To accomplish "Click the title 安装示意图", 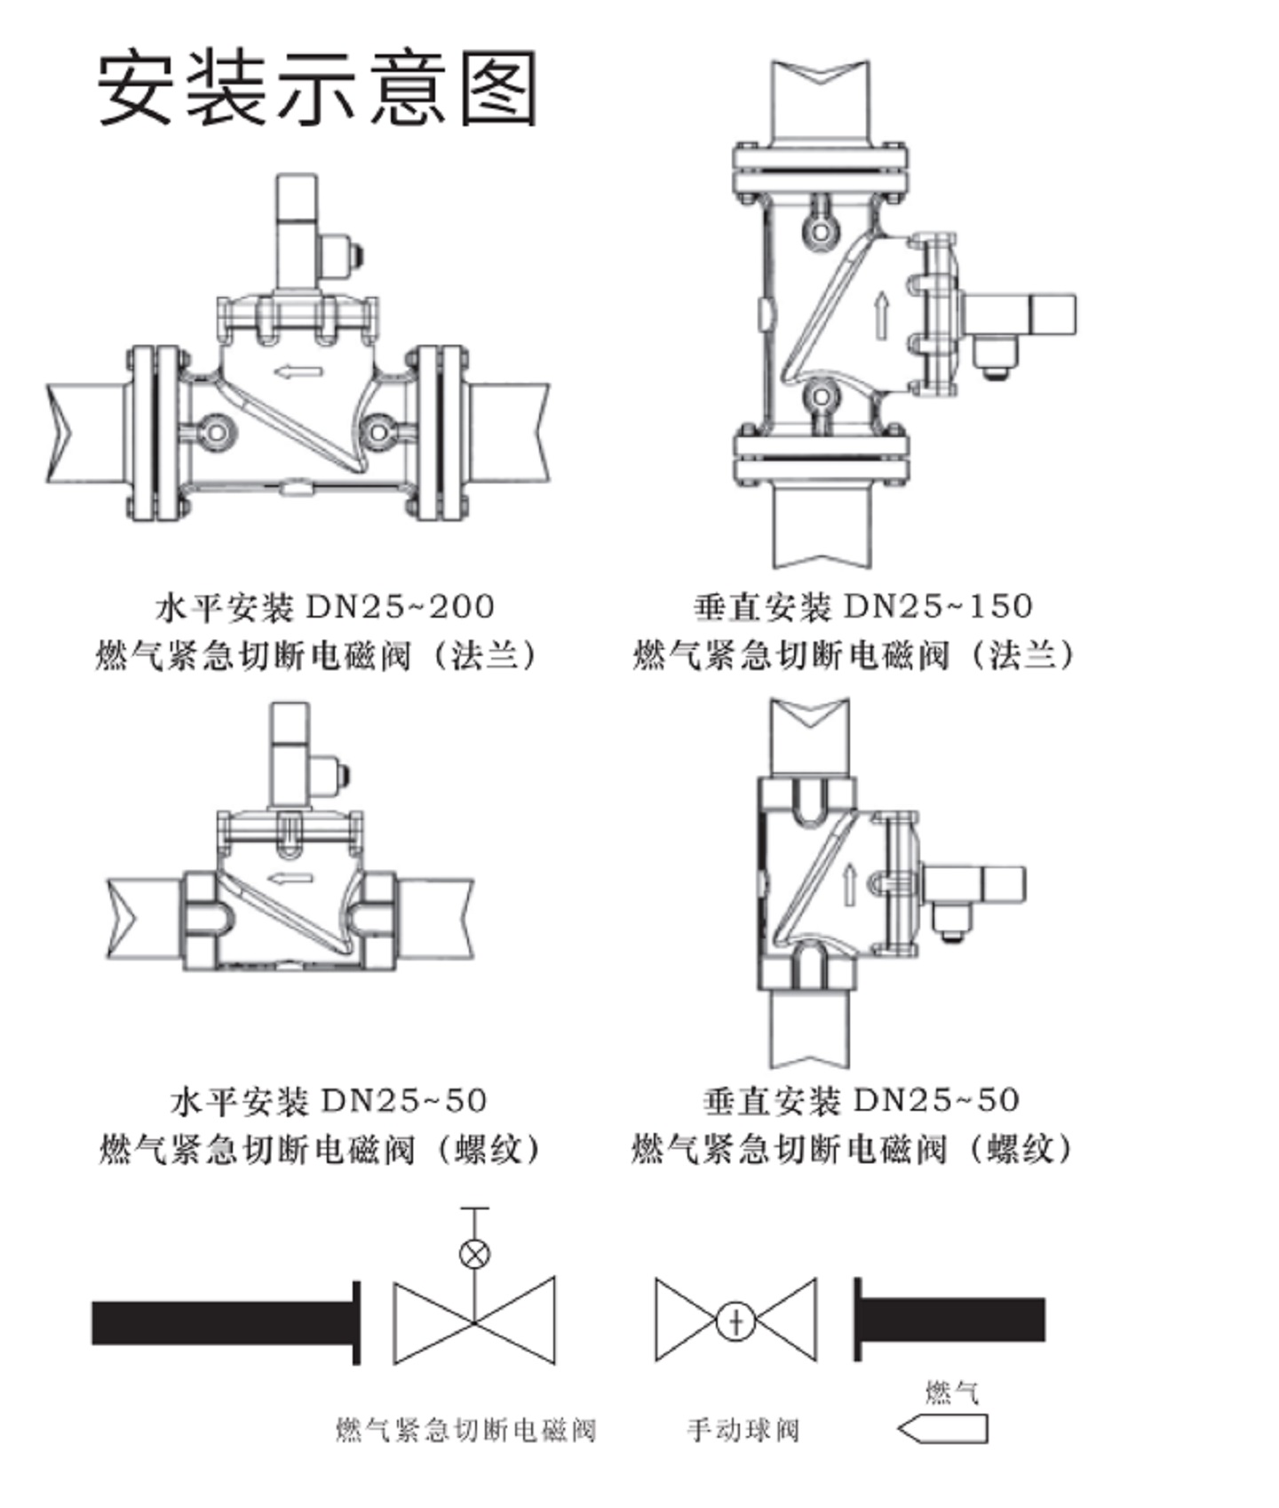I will pyautogui.click(x=317, y=88).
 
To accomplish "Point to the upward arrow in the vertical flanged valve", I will pyautogui.click(x=880, y=315).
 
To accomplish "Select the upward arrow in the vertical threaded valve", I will pyautogui.click(x=850, y=883).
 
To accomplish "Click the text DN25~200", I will pyautogui.click(x=400, y=606).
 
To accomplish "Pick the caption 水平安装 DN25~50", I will pyautogui.click(x=329, y=1101).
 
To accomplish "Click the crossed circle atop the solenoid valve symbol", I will pyautogui.click(x=474, y=1253).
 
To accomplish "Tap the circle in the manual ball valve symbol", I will pyautogui.click(x=735, y=1320).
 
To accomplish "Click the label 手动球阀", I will pyautogui.click(x=743, y=1430).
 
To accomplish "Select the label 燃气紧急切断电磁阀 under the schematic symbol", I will pyautogui.click(x=465, y=1430).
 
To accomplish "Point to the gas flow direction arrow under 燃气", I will pyautogui.click(x=942, y=1429).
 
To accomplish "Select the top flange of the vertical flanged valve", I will pyautogui.click(x=820, y=169).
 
